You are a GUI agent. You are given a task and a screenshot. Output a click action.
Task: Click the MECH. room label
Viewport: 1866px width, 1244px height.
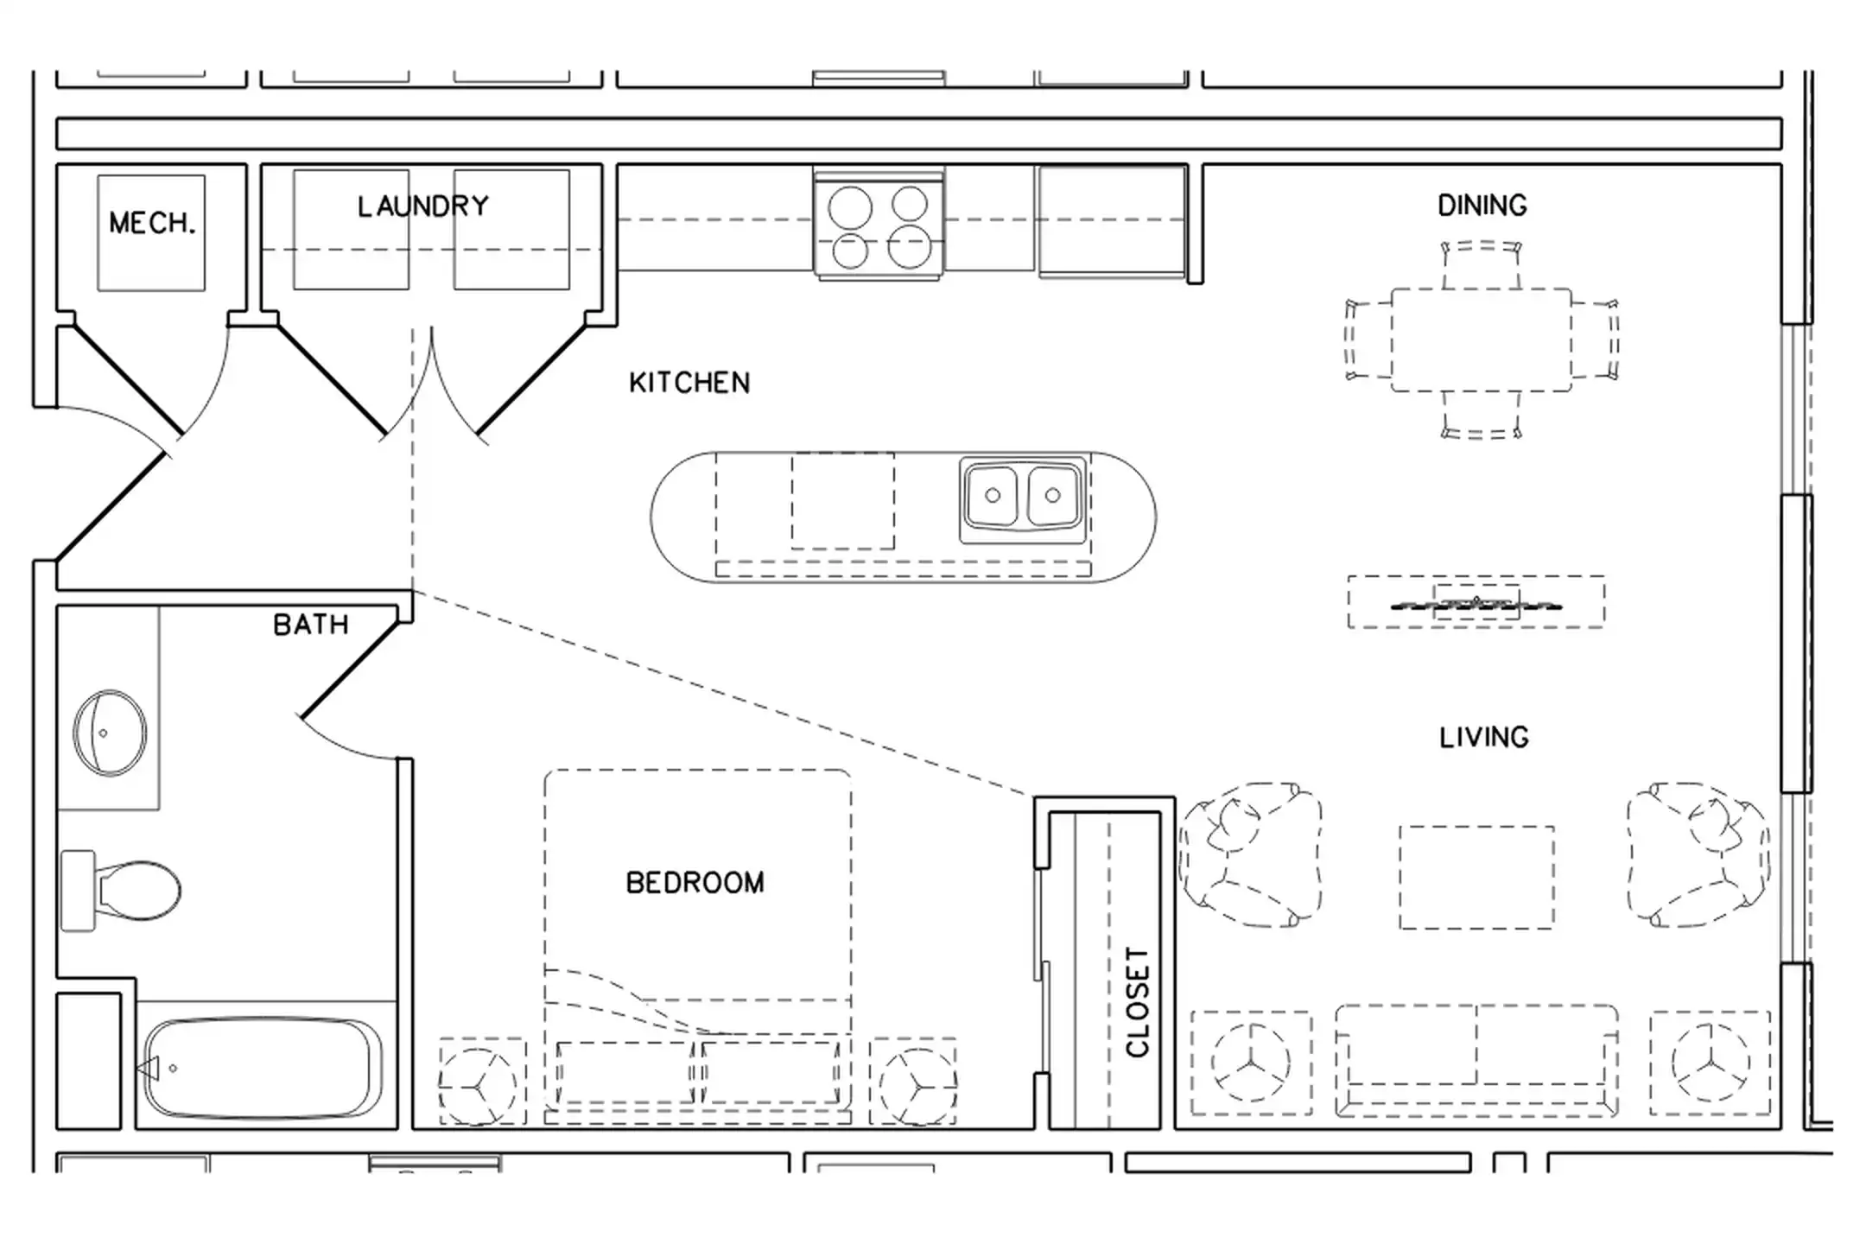(x=153, y=223)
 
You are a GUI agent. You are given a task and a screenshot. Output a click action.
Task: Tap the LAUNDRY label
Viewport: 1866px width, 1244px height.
(x=423, y=206)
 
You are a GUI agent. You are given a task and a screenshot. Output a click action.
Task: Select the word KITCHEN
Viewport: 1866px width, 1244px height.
(x=689, y=383)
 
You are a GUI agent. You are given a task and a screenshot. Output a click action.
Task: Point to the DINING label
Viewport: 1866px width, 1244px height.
(x=1482, y=206)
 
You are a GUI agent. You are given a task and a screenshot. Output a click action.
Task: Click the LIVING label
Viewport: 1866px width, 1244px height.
(x=1484, y=738)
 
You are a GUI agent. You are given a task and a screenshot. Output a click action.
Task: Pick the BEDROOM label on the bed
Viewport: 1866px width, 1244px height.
(x=695, y=883)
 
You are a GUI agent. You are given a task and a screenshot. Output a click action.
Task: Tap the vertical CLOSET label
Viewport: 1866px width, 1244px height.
(x=1138, y=1002)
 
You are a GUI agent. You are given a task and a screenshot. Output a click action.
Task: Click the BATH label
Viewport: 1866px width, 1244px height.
(x=311, y=625)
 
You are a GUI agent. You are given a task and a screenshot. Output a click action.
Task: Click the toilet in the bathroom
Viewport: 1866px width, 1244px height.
(x=121, y=891)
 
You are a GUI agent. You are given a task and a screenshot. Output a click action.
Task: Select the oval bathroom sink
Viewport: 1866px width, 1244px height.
(x=110, y=733)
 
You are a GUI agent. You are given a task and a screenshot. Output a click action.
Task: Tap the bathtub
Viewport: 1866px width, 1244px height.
(x=261, y=1068)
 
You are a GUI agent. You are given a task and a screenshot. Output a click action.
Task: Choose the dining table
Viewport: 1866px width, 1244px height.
(x=1482, y=340)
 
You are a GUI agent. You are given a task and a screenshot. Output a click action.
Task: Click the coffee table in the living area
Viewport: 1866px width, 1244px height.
(x=1477, y=878)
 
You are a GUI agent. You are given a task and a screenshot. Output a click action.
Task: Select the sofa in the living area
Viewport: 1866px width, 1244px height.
(x=1477, y=1061)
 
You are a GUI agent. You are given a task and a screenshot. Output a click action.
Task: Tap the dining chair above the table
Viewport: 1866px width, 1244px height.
(x=1482, y=264)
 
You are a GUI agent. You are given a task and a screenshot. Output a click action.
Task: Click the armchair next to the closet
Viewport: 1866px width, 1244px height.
(x=1251, y=855)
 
